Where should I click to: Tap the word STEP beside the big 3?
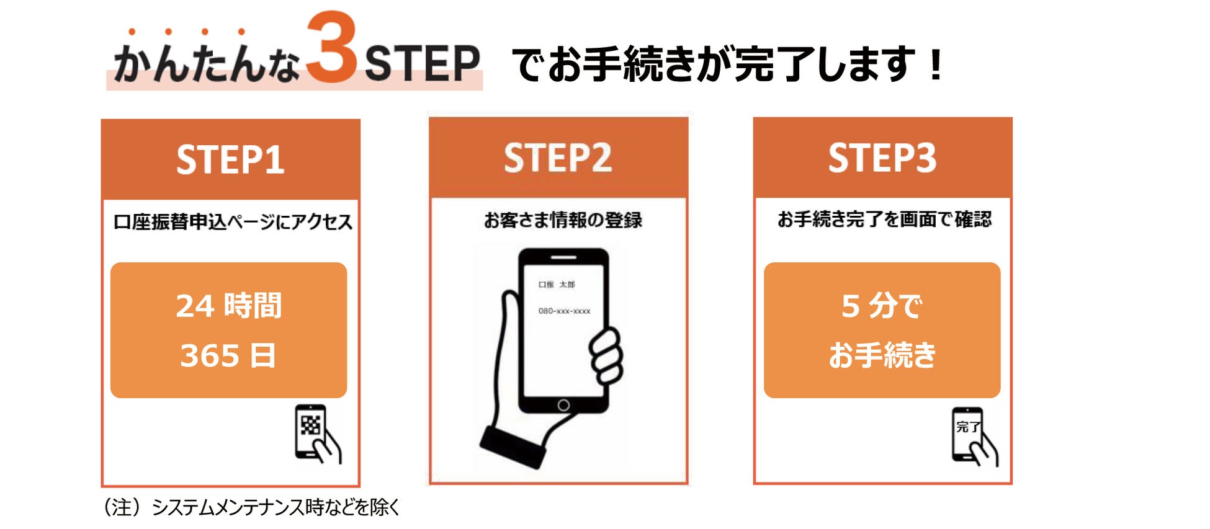coord(423,63)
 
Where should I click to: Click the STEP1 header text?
coord(230,160)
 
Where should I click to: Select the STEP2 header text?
coord(558,158)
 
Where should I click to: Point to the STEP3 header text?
coord(882,158)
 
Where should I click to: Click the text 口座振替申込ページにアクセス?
coord(233,221)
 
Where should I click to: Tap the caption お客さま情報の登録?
coord(563,220)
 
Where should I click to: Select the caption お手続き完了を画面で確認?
coord(884,219)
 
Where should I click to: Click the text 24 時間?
coord(229,306)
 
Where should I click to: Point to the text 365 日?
coord(228,355)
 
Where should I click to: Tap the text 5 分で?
coord(882,306)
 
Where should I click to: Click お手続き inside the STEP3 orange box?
coord(882,355)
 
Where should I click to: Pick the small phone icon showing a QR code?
coord(317,433)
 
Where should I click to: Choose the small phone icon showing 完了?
coord(974,437)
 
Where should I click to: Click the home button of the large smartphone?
coord(563,405)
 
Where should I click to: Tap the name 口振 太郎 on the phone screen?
coord(557,284)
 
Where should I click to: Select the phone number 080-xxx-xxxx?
coord(564,311)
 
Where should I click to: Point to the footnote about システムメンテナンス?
coord(251,507)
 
